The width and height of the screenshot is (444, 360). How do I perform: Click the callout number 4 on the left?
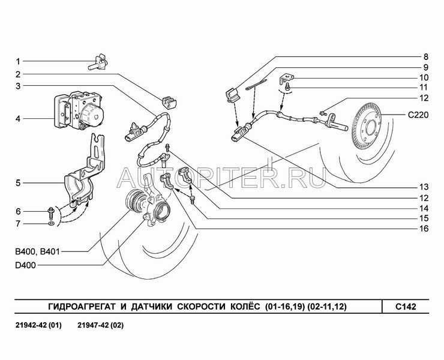tap(18, 118)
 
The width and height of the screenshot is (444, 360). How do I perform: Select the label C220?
tap(418, 115)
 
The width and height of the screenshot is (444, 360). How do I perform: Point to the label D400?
tap(25, 265)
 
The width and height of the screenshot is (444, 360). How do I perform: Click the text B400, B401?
tap(37, 251)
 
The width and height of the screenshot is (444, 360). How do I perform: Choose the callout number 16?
tap(424, 228)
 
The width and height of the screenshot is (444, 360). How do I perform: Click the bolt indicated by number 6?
tap(51, 213)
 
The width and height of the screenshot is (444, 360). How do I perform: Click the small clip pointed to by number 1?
tap(98, 63)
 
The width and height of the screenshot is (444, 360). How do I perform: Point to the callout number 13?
tap(424, 187)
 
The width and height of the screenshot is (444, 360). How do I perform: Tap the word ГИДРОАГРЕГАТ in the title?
tap(82, 307)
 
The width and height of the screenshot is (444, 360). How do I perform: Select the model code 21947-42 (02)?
tap(101, 325)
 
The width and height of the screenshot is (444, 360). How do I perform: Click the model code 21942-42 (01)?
tap(38, 325)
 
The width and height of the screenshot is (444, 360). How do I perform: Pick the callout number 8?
tap(426, 56)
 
